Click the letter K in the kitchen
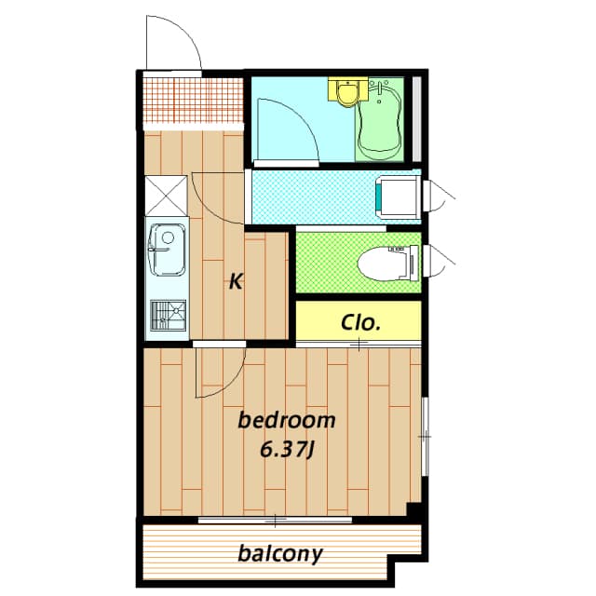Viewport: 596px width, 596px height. [237, 281]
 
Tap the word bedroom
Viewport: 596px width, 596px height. [287, 420]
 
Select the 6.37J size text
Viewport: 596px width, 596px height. [287, 450]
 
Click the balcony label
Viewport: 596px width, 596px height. [279, 554]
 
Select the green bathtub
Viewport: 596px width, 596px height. [380, 122]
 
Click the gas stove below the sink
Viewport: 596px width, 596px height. [167, 315]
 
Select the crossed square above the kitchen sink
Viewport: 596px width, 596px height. [166, 195]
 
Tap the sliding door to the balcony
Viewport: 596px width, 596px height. [276, 519]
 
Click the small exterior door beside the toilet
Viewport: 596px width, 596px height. [439, 261]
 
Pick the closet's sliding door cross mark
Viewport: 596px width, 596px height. [359, 345]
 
